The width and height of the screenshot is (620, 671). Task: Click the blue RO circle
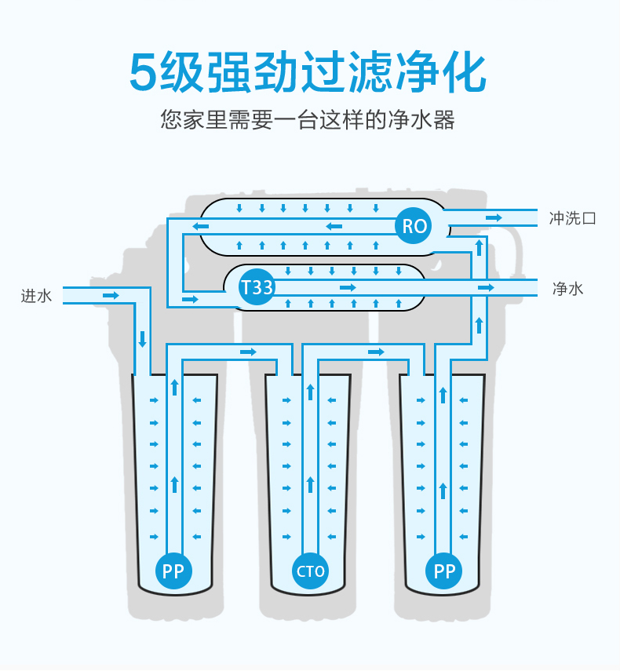(414, 227)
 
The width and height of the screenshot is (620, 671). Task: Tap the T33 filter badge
(257, 288)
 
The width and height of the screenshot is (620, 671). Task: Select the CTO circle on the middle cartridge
(310, 571)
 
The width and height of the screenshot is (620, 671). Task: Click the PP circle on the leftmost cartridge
(173, 571)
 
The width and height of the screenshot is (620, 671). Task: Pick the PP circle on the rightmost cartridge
(445, 571)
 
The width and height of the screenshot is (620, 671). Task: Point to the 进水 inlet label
(36, 296)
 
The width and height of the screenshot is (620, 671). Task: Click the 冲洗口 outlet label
(573, 218)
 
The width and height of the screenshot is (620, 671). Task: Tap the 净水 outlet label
(568, 289)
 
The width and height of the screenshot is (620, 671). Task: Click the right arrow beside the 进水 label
(111, 295)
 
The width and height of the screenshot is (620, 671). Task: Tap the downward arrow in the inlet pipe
(142, 340)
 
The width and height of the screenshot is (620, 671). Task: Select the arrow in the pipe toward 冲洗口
(494, 217)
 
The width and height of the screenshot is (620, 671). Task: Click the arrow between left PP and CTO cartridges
(248, 352)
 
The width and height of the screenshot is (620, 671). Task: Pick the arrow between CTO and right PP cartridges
(376, 352)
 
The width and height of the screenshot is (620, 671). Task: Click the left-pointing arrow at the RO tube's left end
(201, 227)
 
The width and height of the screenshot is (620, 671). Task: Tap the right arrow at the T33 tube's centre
(348, 288)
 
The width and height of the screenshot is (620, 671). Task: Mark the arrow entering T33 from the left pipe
(190, 299)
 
